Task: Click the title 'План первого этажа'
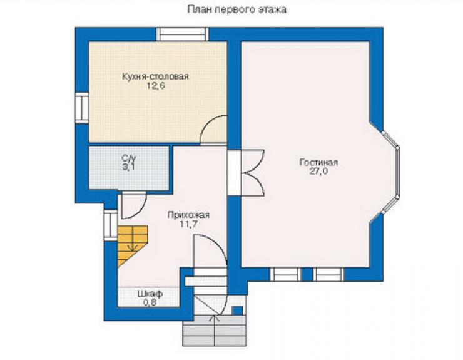coord(237,9)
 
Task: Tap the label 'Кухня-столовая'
coord(155,76)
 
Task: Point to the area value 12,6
coord(155,86)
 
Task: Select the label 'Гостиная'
coord(318,162)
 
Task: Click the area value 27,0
coord(318,172)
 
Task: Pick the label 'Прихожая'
coord(188,215)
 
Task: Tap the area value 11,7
coord(188,224)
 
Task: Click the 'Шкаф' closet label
coord(150,294)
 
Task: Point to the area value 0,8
coord(150,302)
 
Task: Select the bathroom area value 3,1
coord(129,167)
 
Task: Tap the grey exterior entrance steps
coord(215,331)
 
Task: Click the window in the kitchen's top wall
coord(182,34)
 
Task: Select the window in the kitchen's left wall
coord(82,108)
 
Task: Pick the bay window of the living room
coord(390,172)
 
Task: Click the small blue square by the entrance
coord(237,311)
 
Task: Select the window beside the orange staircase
coord(111,225)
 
